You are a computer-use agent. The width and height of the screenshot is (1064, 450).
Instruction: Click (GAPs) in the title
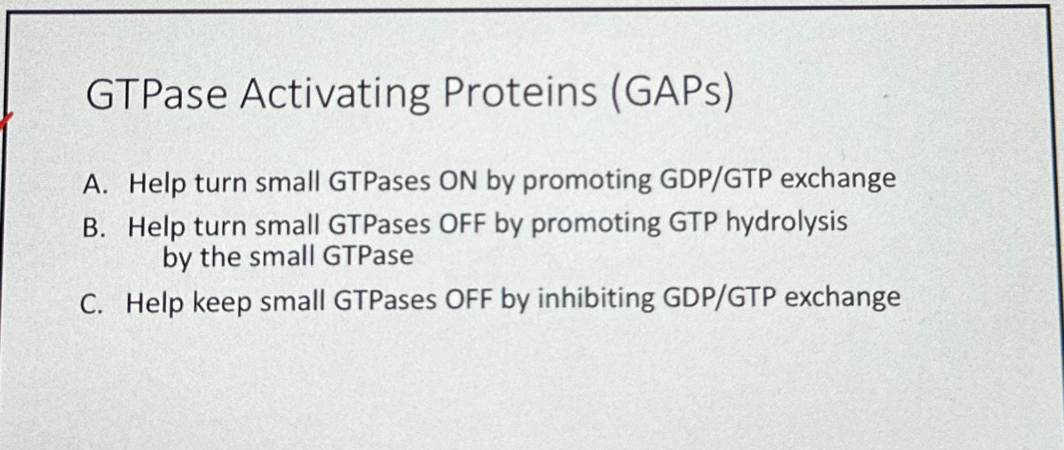click(x=672, y=93)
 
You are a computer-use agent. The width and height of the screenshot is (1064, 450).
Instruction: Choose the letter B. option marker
click(x=94, y=228)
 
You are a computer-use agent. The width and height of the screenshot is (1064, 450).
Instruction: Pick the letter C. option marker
click(x=92, y=304)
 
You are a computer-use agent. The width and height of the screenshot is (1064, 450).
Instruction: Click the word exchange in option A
click(x=838, y=179)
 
